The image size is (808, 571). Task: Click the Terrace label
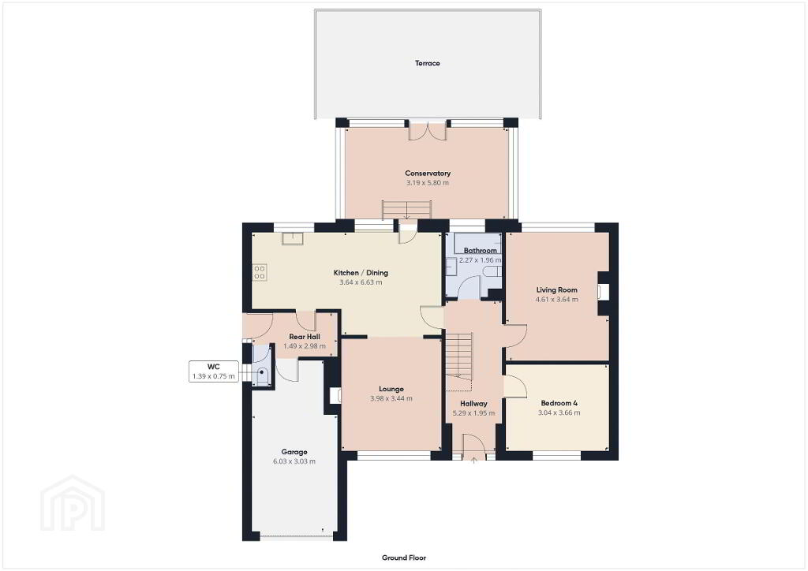click(427, 63)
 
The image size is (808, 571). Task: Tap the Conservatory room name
click(427, 174)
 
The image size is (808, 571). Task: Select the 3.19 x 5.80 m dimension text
click(427, 183)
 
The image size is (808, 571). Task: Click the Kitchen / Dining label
click(361, 273)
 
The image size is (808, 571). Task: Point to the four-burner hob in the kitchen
click(259, 272)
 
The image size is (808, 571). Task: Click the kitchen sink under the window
click(292, 239)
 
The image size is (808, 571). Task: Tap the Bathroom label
click(481, 251)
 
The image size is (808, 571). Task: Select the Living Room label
click(556, 290)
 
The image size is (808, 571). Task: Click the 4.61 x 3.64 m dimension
click(556, 299)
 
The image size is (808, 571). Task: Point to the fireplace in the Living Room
click(602, 292)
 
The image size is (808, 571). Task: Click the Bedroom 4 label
click(559, 403)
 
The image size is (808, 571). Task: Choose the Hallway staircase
click(459, 361)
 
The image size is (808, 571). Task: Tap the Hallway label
click(473, 404)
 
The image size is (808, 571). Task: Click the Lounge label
click(391, 390)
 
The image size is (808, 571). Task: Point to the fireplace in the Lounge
click(335, 395)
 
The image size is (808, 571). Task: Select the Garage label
click(294, 452)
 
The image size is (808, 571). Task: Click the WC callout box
click(214, 371)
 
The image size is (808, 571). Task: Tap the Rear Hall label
click(305, 337)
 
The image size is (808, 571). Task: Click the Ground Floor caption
click(404, 558)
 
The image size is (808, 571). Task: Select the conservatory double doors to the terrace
click(428, 130)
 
